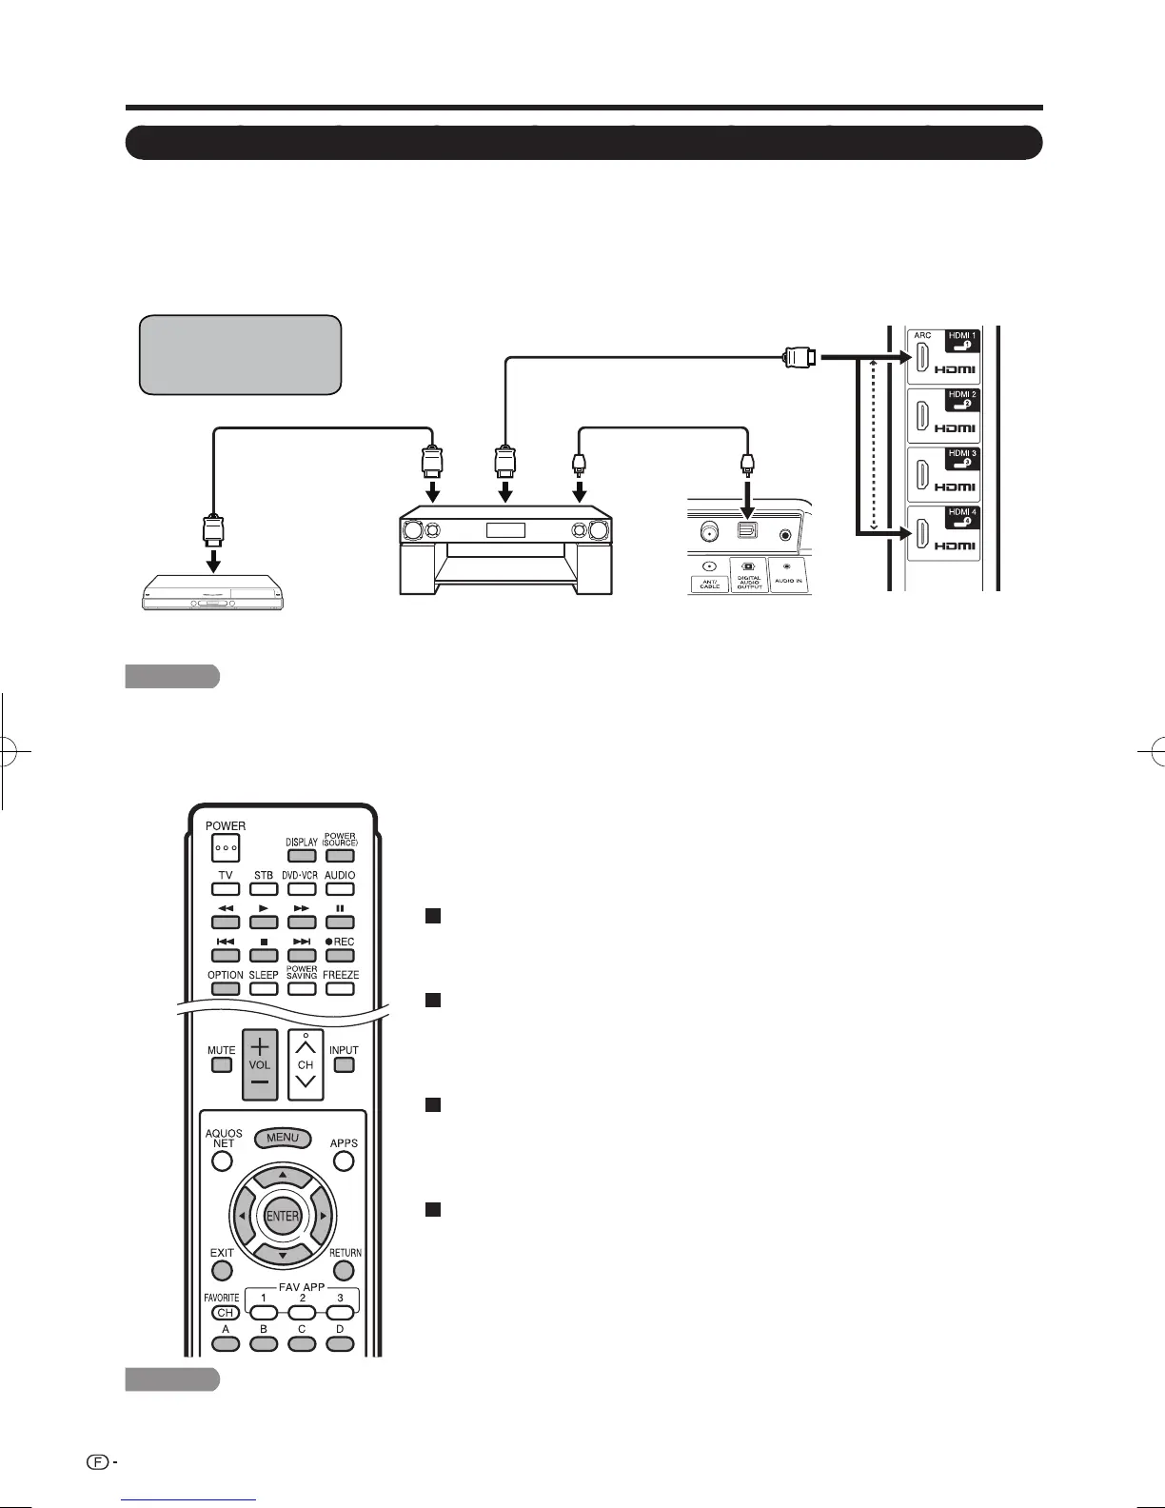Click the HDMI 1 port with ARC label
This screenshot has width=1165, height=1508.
point(922,358)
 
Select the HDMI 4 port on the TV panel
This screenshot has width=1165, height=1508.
point(922,535)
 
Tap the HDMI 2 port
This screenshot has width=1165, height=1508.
point(922,417)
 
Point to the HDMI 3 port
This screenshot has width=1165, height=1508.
point(922,476)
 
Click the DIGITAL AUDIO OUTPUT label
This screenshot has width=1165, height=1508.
point(749,582)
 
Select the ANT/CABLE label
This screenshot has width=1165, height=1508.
point(710,582)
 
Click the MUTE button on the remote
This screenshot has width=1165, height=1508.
point(222,1064)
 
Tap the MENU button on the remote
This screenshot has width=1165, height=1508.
point(283,1138)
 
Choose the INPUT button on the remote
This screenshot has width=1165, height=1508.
point(345,1064)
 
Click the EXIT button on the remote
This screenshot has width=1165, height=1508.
point(222,1270)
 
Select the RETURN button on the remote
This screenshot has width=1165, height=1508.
point(345,1270)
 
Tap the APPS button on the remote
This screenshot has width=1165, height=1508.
point(345,1161)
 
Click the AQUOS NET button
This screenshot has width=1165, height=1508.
point(222,1161)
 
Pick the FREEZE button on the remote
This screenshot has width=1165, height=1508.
point(340,988)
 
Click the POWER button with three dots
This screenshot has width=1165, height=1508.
point(226,846)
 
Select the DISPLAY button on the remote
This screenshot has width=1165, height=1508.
point(302,855)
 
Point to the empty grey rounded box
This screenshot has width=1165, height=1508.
point(240,354)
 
